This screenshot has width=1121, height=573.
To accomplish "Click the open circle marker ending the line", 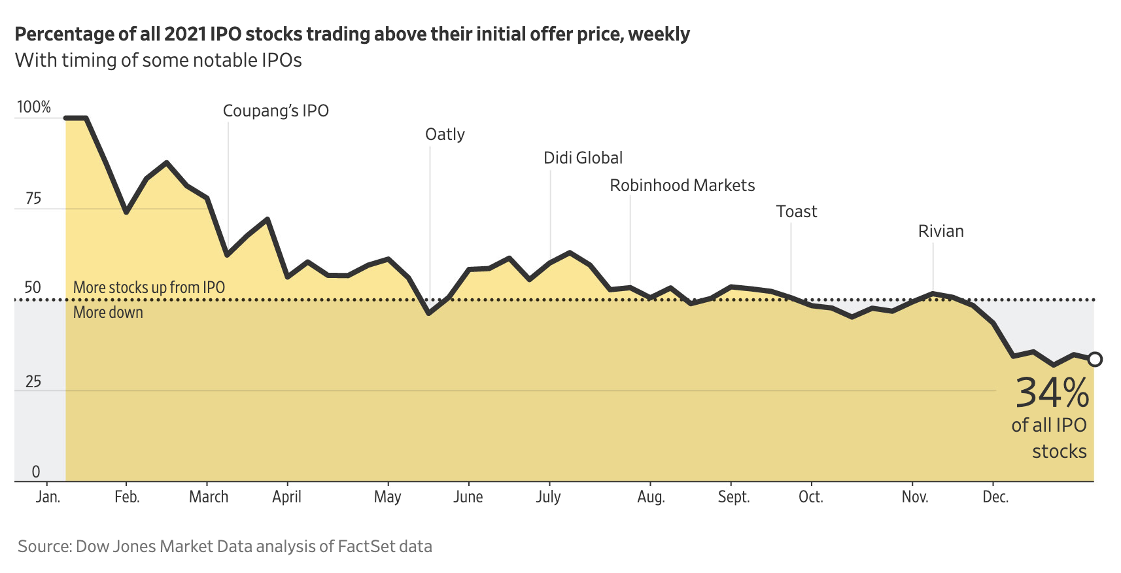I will pyautogui.click(x=1094, y=359).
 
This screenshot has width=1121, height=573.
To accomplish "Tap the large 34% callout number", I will pyautogui.click(x=1052, y=394).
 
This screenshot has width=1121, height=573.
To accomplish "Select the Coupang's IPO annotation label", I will pyautogui.click(x=275, y=111).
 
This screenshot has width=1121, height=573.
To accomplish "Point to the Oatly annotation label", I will pyautogui.click(x=445, y=135).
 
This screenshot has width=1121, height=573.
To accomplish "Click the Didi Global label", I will pyautogui.click(x=583, y=158).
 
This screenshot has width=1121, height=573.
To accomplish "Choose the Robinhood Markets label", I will pyautogui.click(x=682, y=186).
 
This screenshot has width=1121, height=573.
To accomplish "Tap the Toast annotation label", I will pyautogui.click(x=796, y=212).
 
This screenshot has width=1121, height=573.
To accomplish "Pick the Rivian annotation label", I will pyautogui.click(x=940, y=232).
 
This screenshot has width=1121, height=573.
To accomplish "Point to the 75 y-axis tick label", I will pyautogui.click(x=33, y=199).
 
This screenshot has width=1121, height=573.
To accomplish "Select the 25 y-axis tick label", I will pyautogui.click(x=33, y=382).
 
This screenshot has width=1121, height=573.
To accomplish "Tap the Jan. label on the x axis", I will pyautogui.click(x=48, y=497).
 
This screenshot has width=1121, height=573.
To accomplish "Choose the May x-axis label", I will pyautogui.click(x=387, y=497).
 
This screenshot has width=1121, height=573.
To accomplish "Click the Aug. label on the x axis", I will pyautogui.click(x=651, y=497).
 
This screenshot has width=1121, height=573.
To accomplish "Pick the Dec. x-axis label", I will pyautogui.click(x=995, y=497).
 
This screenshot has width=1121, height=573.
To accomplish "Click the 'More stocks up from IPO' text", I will pyautogui.click(x=149, y=288).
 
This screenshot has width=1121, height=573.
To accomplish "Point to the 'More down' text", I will pyautogui.click(x=108, y=313).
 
